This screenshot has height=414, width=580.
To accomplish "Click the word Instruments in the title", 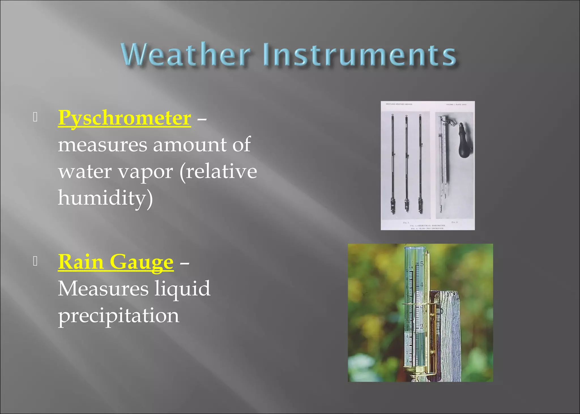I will (360, 54).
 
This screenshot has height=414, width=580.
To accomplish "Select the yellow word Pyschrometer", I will (125, 118).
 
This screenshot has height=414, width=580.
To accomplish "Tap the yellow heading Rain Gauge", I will (116, 262).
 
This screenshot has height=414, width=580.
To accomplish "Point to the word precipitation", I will (119, 315).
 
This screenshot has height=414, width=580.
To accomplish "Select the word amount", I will (190, 145).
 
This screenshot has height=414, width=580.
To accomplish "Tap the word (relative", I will (218, 172).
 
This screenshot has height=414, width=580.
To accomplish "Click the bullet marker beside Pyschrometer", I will (35, 117).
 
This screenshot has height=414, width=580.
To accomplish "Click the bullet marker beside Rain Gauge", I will (35, 261).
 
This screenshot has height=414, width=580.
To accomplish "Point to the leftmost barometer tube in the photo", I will (393, 164).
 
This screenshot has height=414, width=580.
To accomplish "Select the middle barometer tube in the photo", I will (407, 164).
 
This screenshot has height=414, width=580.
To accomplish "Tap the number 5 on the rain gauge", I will (422, 264).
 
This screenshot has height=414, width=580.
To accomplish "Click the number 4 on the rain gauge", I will (422, 284).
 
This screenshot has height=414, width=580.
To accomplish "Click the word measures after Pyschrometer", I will (103, 145).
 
